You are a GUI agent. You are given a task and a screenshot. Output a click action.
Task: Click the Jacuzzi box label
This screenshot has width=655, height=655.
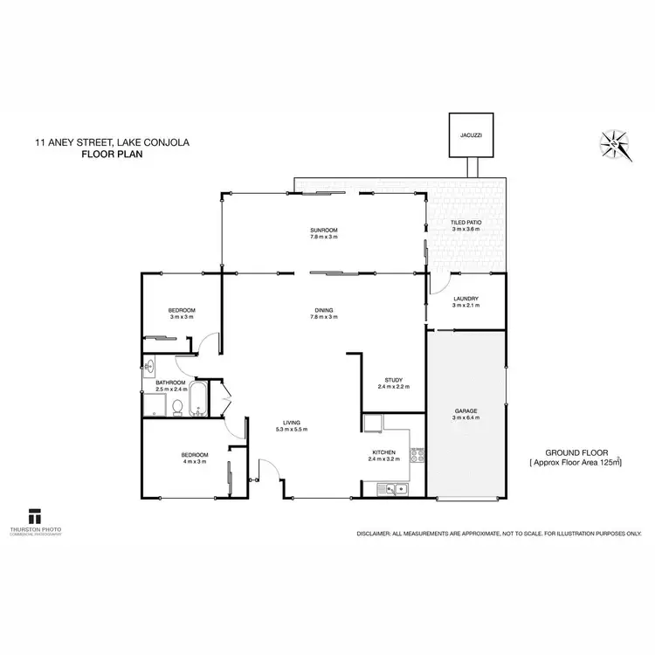(x=472, y=136)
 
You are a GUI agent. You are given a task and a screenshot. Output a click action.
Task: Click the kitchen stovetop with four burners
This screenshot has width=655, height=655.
(x=422, y=454)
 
